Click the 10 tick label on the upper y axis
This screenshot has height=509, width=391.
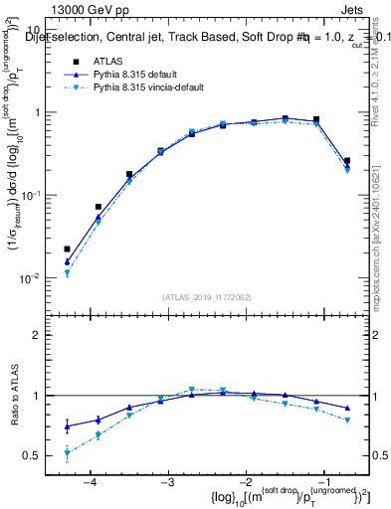point(32,30)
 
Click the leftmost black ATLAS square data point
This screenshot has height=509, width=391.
point(67,249)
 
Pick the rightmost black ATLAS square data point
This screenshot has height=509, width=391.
point(346,160)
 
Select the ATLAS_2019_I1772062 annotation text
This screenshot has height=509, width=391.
point(206,296)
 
